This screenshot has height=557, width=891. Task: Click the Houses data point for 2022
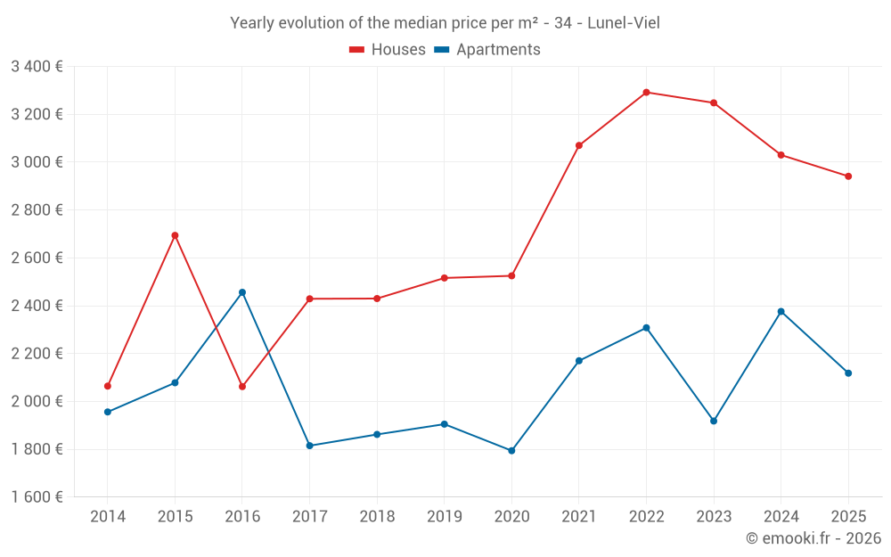pos(646,92)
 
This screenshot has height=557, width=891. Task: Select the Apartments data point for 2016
pos(242,292)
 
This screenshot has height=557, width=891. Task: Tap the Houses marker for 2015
pos(175,235)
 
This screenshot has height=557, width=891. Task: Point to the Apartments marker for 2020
pos(511,451)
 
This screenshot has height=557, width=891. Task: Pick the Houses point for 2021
pos(579,145)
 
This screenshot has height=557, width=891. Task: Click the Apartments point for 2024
pos(781,311)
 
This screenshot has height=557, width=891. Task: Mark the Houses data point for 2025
pos(848,176)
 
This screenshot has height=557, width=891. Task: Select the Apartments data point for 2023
pos(714,421)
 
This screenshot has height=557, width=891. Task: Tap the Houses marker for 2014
pos(108,386)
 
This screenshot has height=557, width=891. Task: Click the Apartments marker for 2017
pos(309,446)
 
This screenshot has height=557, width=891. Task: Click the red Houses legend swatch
pos(356,50)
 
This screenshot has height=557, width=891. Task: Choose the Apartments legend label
pos(498,50)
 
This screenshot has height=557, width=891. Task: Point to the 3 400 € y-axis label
pos(37,66)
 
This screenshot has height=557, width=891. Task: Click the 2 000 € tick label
pos(37,401)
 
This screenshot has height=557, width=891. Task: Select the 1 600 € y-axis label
pos(37,496)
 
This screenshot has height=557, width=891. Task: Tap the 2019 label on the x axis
pos(444,516)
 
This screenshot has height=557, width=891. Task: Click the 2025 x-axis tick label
pos(848,516)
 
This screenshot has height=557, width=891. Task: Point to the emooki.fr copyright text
pos(813,538)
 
